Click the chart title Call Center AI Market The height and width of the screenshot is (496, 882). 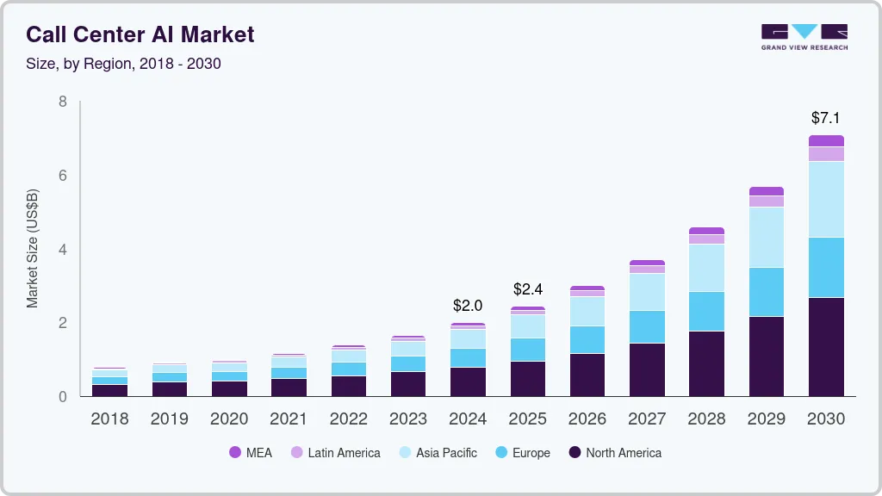(x=140, y=34)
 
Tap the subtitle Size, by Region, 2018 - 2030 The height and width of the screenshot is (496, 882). (x=123, y=64)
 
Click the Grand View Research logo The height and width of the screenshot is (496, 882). (x=804, y=36)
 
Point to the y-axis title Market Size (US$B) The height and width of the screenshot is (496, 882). (x=33, y=249)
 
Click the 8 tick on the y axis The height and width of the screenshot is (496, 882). (x=62, y=102)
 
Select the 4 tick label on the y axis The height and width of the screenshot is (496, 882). (x=62, y=250)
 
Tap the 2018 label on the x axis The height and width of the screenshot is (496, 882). (x=109, y=419)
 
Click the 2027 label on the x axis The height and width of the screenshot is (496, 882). (x=646, y=419)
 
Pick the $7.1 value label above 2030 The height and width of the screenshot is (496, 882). (x=826, y=118)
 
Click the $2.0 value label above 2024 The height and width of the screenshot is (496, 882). (x=468, y=306)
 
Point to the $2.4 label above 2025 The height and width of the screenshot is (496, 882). (x=527, y=289)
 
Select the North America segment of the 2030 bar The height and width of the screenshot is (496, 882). (x=826, y=346)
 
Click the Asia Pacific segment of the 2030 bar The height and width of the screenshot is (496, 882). (x=826, y=199)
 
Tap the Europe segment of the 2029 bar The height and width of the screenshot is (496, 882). (x=766, y=292)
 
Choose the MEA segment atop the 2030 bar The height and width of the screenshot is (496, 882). (x=826, y=140)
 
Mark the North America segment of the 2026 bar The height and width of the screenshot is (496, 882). (x=587, y=375)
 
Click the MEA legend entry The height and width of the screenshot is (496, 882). (x=251, y=453)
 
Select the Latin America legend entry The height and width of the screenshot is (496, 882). (x=335, y=453)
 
